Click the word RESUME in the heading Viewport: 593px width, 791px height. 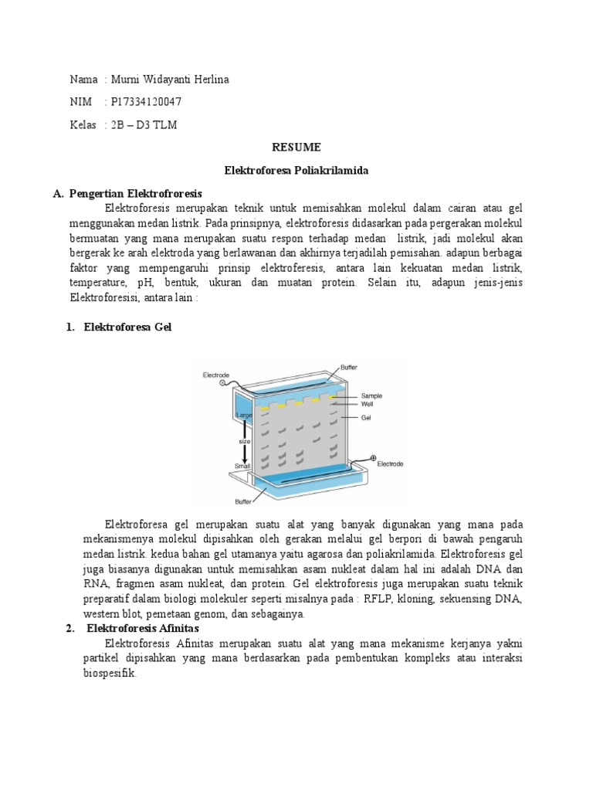pos(296,147)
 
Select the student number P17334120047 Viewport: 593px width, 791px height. pos(147,102)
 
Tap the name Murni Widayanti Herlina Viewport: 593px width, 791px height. pos(170,80)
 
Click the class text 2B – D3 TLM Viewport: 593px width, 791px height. pos(144,124)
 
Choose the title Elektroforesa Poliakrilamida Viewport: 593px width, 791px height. pos(296,170)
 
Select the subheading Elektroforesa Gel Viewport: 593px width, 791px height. pos(127,327)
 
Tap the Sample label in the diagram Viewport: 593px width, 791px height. pos(372,395)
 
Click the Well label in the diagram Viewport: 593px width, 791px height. pos(367,404)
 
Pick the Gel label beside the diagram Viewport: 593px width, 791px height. pos(366,417)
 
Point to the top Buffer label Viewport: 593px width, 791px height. pos(349,368)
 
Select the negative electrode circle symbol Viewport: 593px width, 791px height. pos(222,382)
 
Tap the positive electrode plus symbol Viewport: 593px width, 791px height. pos(374,458)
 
